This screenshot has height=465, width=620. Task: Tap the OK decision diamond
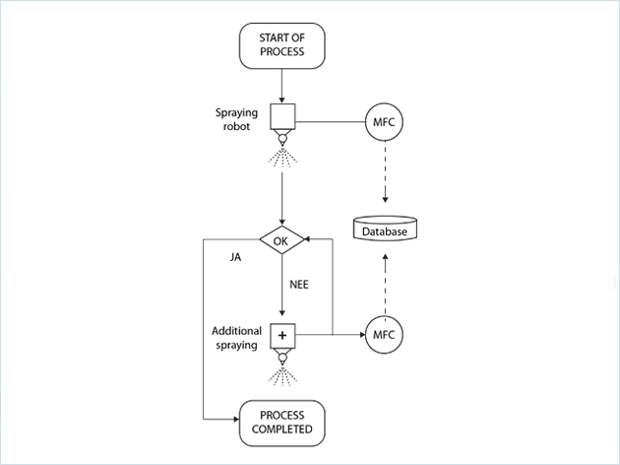[x=282, y=238]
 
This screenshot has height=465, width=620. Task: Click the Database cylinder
[x=385, y=230]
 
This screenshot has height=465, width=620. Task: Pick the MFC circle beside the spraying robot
[x=385, y=122]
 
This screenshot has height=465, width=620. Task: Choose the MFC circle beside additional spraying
[x=385, y=336]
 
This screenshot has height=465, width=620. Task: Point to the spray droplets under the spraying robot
[x=282, y=158]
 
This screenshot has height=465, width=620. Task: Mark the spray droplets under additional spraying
[x=282, y=375]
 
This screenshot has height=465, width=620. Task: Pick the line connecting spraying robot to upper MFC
[x=330, y=122]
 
